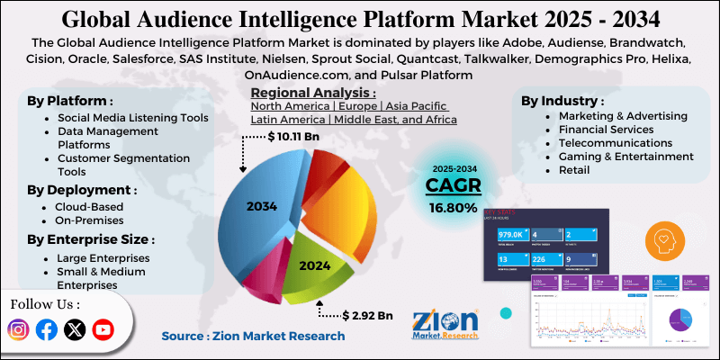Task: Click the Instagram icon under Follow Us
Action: (19, 330)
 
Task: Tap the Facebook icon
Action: (47, 330)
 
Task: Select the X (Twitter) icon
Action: (76, 330)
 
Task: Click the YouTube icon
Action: (103, 330)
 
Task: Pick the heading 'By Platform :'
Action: (69, 100)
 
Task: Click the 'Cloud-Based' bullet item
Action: (89, 206)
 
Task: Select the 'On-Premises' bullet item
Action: (91, 220)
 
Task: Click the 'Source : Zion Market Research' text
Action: (253, 336)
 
